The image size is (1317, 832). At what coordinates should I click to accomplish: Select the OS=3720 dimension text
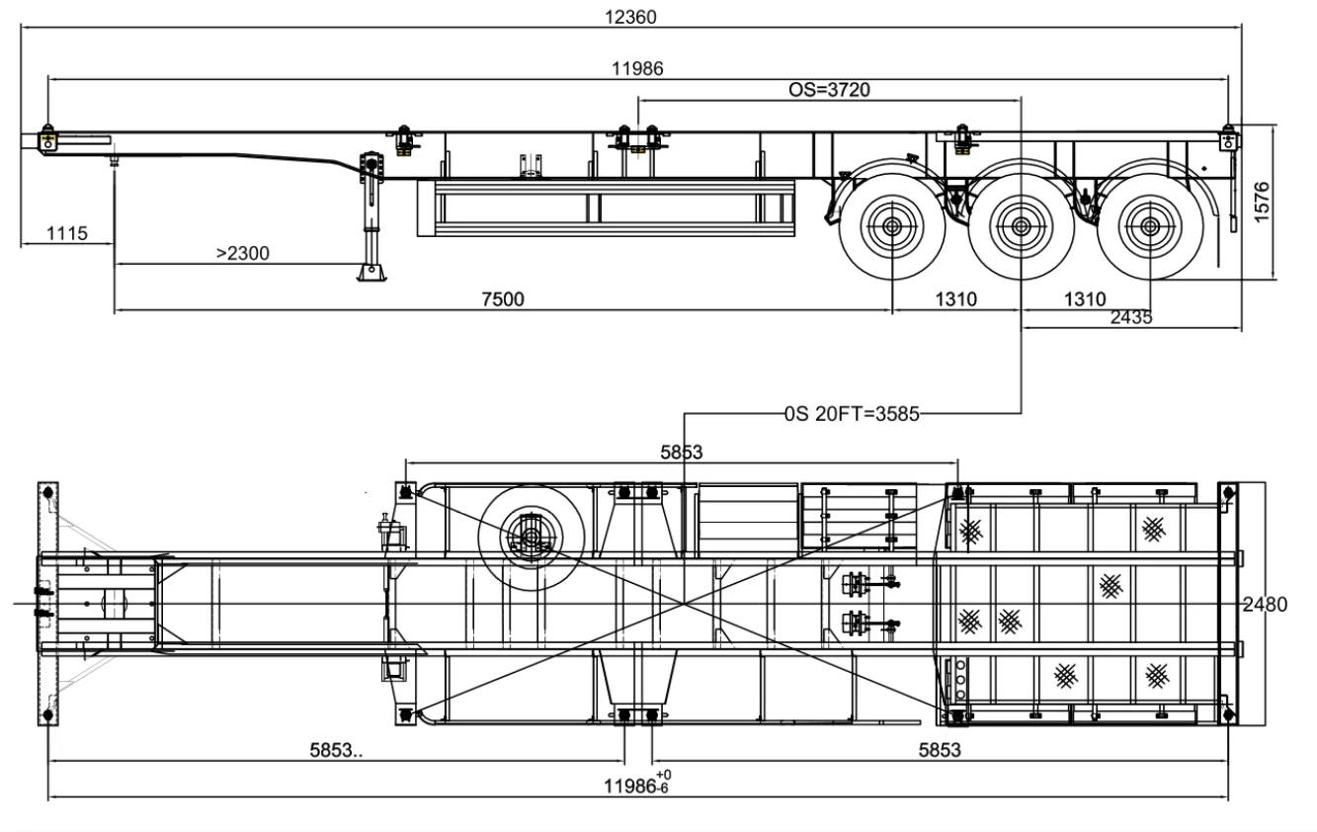829,89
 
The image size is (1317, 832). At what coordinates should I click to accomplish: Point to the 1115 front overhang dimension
66,234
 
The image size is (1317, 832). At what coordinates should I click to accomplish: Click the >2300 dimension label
243,253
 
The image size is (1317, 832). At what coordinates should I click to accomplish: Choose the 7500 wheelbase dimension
502,299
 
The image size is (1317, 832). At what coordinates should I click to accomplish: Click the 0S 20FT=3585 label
851,413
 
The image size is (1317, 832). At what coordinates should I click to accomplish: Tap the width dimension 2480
1265,605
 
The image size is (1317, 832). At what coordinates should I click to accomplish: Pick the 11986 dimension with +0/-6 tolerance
638,786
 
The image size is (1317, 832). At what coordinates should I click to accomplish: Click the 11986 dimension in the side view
637,68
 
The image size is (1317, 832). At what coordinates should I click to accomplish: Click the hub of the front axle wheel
891,227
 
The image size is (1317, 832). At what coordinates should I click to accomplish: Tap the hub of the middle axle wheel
1021,227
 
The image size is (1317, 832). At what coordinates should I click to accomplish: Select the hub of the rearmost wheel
1149,227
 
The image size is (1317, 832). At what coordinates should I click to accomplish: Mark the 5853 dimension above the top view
682,453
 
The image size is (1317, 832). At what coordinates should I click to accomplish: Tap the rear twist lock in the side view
1228,137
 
